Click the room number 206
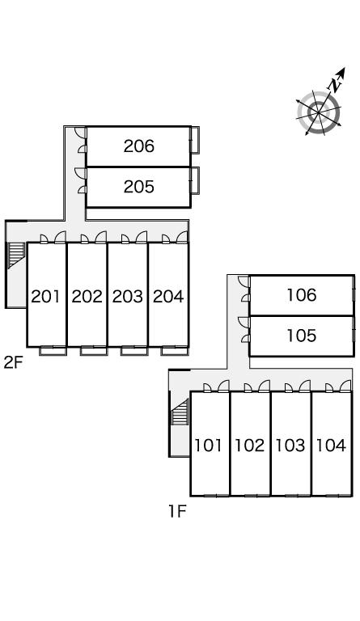pyautogui.click(x=138, y=146)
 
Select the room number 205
pyautogui.click(x=138, y=187)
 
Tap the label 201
pyautogui.click(x=46, y=296)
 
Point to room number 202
pyautogui.click(x=87, y=296)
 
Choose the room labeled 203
pyautogui.click(x=128, y=296)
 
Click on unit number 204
pyautogui.click(x=168, y=296)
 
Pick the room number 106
pyautogui.click(x=302, y=295)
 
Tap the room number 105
pyautogui.click(x=302, y=336)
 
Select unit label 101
pyautogui.click(x=209, y=446)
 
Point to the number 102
pyautogui.click(x=249, y=446)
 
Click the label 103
pyautogui.click(x=290, y=446)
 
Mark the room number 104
pyautogui.click(x=331, y=446)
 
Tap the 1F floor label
pyautogui.click(x=177, y=512)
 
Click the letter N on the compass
pyautogui.click(x=335, y=85)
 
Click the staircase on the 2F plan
pyautogui.click(x=16, y=256)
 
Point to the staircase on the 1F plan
pyautogui.click(x=180, y=412)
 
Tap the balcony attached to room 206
pyautogui.click(x=194, y=140)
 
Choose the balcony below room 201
pyautogui.click(x=53, y=350)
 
